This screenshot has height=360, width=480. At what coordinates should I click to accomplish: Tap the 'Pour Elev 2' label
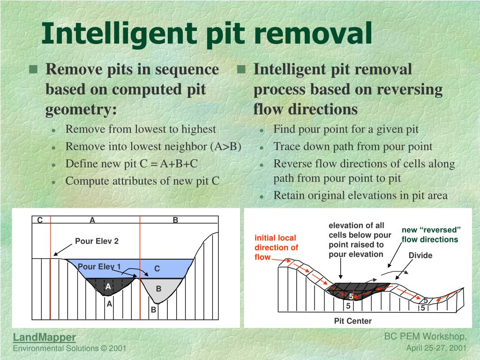coord(97,241)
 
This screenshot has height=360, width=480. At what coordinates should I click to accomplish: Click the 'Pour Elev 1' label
coord(99,267)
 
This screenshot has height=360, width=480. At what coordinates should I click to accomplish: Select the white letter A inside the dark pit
coord(108,286)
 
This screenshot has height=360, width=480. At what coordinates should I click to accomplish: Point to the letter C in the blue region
coord(157,269)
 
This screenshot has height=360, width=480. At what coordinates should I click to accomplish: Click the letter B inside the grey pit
coord(158,289)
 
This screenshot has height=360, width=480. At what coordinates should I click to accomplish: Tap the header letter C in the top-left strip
coord(40,220)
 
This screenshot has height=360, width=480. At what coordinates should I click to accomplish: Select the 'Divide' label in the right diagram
coord(420,255)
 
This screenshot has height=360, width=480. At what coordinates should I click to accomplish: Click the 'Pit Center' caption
coord(352,321)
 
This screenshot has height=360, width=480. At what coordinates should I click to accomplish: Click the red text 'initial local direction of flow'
coord(276,247)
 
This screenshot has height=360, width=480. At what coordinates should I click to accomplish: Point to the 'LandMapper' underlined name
coord(44,337)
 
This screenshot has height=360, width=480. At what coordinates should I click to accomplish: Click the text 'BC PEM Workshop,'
coord(425,337)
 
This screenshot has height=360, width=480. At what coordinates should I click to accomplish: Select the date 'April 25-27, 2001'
coord(436,348)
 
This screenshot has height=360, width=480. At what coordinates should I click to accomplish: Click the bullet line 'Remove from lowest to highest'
coord(141,129)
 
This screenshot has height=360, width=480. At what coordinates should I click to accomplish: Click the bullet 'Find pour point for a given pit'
coord(346,129)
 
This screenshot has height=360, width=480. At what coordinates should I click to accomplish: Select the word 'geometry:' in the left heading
coord(81,109)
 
